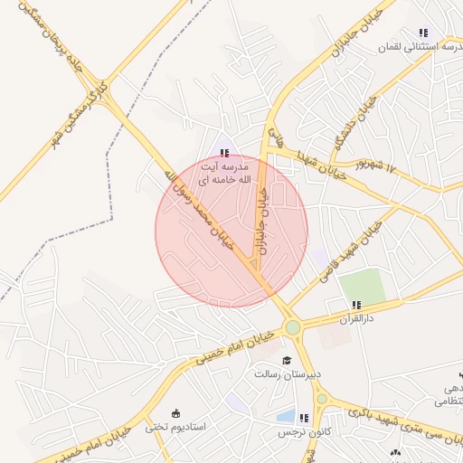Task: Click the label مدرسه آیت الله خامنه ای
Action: pos(223,174)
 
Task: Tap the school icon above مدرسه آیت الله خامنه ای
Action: pos(223,153)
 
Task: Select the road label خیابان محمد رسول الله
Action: pos(199,208)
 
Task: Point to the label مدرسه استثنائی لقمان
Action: pos(424,44)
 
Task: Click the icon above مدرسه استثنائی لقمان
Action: pos(423,32)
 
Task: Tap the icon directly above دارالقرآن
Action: pos(356,305)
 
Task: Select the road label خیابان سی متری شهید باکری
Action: pos(398,418)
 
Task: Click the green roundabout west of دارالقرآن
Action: pos(292,327)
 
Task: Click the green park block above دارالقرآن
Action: pos(362,286)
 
